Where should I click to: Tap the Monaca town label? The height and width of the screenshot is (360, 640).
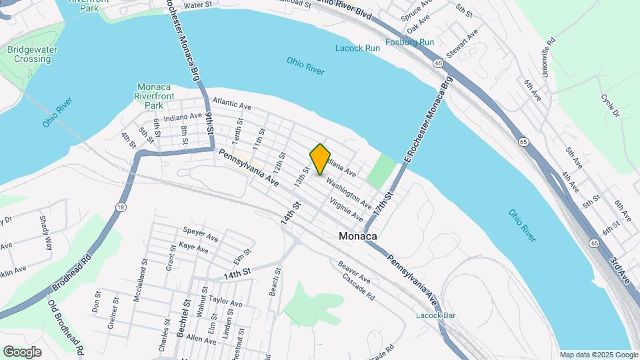coord(358,236)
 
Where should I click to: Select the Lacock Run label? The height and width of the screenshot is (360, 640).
coord(358,48)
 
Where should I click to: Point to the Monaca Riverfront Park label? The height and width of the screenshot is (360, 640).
coord(155,96)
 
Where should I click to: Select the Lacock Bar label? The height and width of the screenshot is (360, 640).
coord(435,315)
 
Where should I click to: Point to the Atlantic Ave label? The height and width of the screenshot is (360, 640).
coord(231,105)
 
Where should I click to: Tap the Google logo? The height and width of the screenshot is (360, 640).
coord(23,351)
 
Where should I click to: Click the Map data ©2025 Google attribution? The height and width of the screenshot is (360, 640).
coord(598,355)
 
